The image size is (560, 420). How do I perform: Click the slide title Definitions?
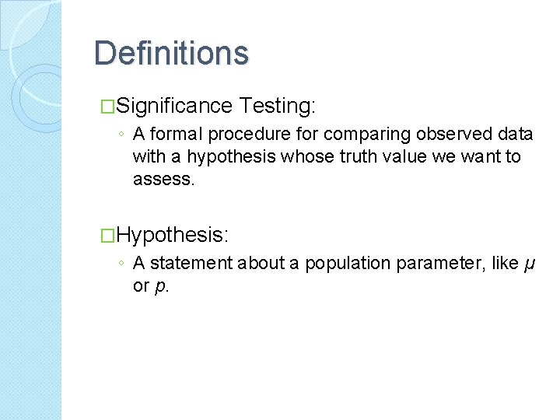[171, 54]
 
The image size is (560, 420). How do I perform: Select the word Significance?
[177, 105]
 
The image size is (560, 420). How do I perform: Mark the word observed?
[435, 135]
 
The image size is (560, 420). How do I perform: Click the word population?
[348, 264]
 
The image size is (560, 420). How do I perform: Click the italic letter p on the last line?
[159, 286]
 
